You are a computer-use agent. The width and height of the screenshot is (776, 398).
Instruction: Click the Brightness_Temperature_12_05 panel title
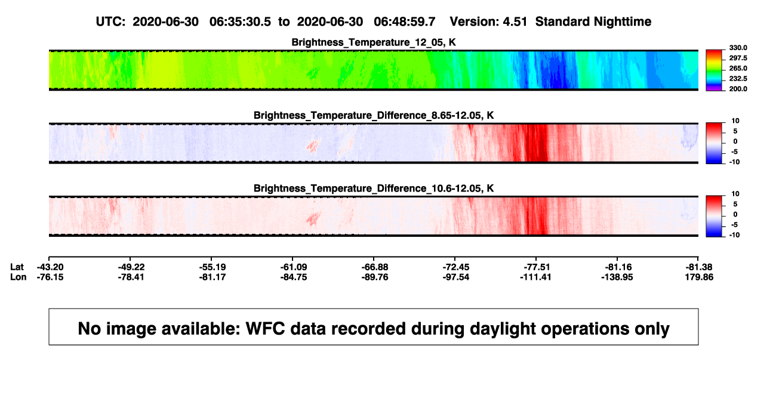pos(374,42)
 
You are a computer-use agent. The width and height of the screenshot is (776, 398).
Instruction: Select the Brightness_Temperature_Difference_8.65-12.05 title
pos(374,115)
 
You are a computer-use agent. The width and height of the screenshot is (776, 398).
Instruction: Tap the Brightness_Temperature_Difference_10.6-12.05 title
pos(374,189)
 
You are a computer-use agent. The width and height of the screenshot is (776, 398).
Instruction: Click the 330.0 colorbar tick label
pos(738,48)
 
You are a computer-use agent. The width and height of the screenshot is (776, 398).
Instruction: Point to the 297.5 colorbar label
pos(738,58)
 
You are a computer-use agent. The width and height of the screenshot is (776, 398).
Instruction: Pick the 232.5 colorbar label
pos(738,79)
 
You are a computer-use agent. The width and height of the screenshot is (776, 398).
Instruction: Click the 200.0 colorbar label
pos(738,89)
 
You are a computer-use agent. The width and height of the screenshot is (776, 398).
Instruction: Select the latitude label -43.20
pos(50,267)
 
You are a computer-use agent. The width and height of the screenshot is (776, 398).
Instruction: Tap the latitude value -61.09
pos(294,267)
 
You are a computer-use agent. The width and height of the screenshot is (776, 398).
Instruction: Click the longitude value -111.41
pos(535,277)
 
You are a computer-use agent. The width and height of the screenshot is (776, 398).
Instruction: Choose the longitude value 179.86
pos(699,277)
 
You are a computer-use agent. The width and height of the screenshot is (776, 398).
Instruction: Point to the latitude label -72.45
pos(456,267)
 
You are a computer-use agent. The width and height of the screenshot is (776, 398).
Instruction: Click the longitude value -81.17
pos(213,277)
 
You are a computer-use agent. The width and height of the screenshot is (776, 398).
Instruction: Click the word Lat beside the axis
pos(17,267)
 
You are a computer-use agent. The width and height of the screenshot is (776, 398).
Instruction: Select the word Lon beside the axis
pos(18,277)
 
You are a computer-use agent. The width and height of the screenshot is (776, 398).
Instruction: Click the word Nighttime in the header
pos(622,21)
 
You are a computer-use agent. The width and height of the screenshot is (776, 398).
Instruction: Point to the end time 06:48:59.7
pos(404,21)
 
